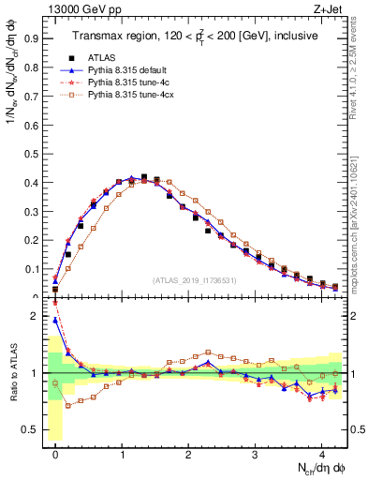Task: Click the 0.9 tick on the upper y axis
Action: (35, 40)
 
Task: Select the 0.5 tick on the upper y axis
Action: (35, 155)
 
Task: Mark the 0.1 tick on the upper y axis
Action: (35, 269)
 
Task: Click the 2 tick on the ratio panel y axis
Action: (37, 316)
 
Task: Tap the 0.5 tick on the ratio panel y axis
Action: (35, 430)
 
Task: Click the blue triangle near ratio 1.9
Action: (55, 321)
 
